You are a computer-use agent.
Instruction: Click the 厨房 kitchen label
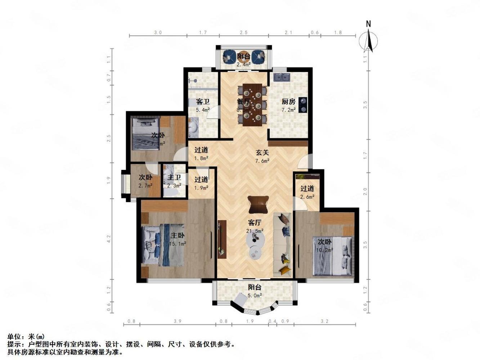click(x=288, y=102)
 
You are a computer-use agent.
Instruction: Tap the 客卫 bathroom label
click(x=202, y=102)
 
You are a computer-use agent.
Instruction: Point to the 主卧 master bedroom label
click(x=178, y=236)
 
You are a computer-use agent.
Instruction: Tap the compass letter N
click(x=368, y=24)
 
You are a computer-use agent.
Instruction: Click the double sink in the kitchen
click(x=282, y=77)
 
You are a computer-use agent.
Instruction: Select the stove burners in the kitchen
click(x=303, y=105)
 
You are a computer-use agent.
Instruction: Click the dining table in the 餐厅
click(x=252, y=105)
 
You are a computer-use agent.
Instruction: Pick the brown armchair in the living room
click(x=258, y=204)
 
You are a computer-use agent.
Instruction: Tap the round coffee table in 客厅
click(x=256, y=239)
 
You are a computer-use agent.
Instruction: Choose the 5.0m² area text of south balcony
click(x=255, y=296)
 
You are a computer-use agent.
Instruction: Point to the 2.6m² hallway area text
click(x=307, y=197)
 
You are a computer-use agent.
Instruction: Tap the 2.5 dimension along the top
click(x=244, y=33)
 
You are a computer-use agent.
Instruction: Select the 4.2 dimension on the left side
click(x=109, y=238)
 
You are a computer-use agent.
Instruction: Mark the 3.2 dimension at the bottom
click(x=324, y=321)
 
